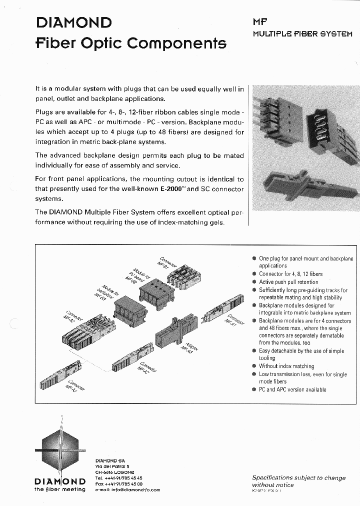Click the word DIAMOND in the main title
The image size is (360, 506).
(x=73, y=22)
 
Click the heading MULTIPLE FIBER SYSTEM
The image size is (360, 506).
(x=302, y=34)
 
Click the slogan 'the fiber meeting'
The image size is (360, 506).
(x=60, y=489)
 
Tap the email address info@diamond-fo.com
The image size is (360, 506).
(x=127, y=490)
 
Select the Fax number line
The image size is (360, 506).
(x=119, y=484)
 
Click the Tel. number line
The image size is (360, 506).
(x=119, y=478)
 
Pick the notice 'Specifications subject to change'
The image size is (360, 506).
(x=298, y=477)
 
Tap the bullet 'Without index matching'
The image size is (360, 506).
(x=286, y=366)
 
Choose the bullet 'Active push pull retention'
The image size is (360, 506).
(x=288, y=282)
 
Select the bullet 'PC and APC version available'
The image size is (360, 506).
(x=292, y=389)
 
